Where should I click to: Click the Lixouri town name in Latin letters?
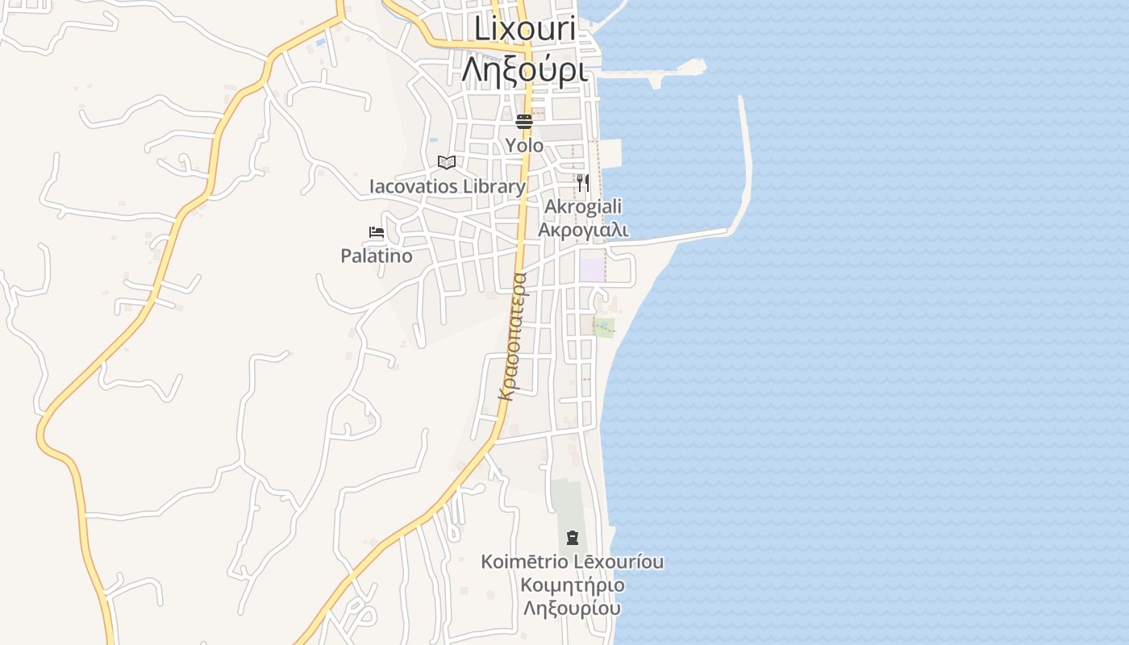[524, 28]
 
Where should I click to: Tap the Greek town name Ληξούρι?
[524, 69]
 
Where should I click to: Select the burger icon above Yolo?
[524, 122]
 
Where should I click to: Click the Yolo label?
[524, 146]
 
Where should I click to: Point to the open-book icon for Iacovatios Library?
[447, 163]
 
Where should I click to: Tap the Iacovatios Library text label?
[447, 187]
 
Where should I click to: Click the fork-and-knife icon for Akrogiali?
[582, 183]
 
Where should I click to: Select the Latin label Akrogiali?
[582, 207]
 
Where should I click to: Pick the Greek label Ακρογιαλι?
[582, 231]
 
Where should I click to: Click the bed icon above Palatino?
[377, 232]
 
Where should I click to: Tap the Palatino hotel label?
[377, 256]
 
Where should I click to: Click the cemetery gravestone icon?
[573, 537]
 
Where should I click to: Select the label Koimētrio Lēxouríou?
[573, 562]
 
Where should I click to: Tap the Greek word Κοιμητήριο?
[573, 585]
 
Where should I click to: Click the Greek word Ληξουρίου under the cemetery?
[573, 609]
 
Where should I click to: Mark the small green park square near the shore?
[604, 327]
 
